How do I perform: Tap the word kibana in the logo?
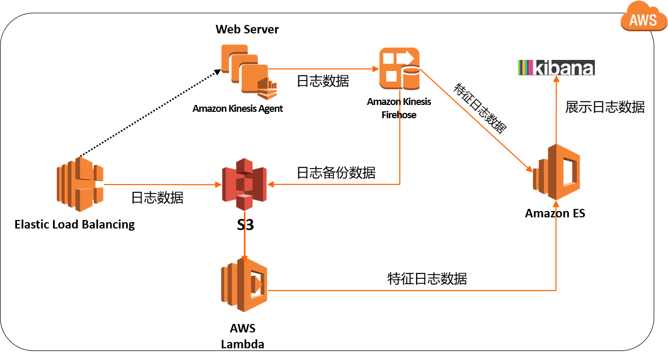pyautogui.click(x=562, y=68)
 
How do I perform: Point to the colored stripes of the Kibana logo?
pyautogui.click(x=525, y=68)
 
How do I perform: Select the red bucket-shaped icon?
pyautogui.click(x=244, y=184)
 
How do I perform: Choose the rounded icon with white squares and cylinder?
pyautogui.click(x=399, y=68)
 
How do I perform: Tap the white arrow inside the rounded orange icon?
pyautogui.click(x=406, y=57)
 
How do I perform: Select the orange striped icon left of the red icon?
pyautogui.click(x=80, y=184)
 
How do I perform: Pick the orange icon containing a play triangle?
pyautogui.click(x=244, y=285)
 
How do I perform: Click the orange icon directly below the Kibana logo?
pyautogui.click(x=556, y=172)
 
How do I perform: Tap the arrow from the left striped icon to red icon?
pyautogui.click(x=162, y=185)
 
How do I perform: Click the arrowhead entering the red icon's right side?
pyautogui.click(x=270, y=185)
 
